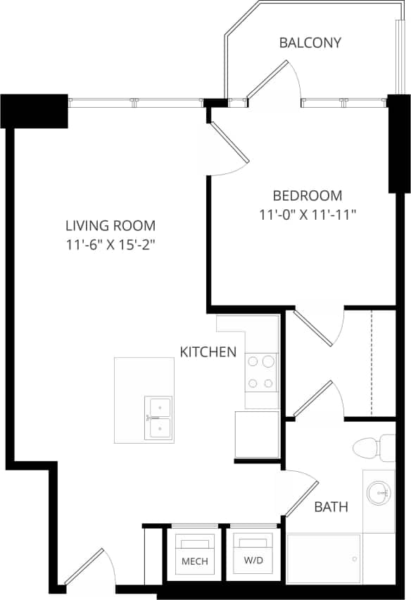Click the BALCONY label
click(310, 43)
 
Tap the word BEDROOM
click(308, 196)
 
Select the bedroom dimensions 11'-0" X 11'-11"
click(308, 215)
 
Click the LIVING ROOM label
click(110, 226)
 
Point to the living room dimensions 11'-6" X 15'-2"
click(110, 245)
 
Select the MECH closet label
click(194, 562)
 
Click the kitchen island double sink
click(158, 418)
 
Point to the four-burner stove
click(260, 372)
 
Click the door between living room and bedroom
click(229, 144)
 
